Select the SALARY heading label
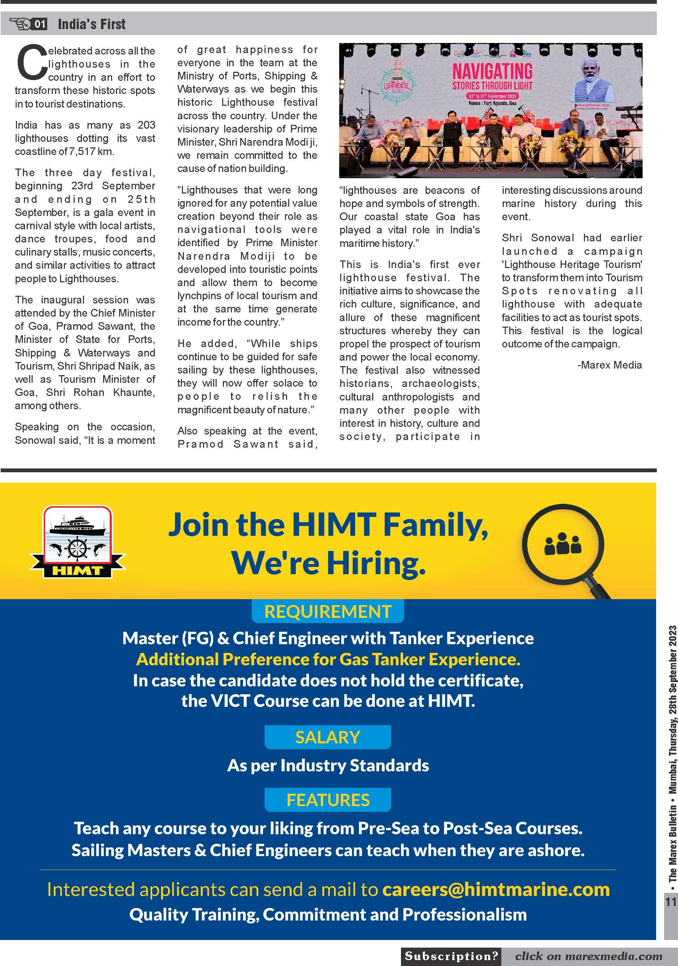[x=328, y=737]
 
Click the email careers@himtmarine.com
[x=496, y=889]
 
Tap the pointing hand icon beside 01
[x=20, y=24]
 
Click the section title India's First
[x=91, y=24]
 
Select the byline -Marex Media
[x=609, y=365]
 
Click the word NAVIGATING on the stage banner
[x=492, y=71]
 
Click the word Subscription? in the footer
[x=451, y=956]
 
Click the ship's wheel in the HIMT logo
[x=77, y=548]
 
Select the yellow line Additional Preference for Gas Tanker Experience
[x=328, y=659]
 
